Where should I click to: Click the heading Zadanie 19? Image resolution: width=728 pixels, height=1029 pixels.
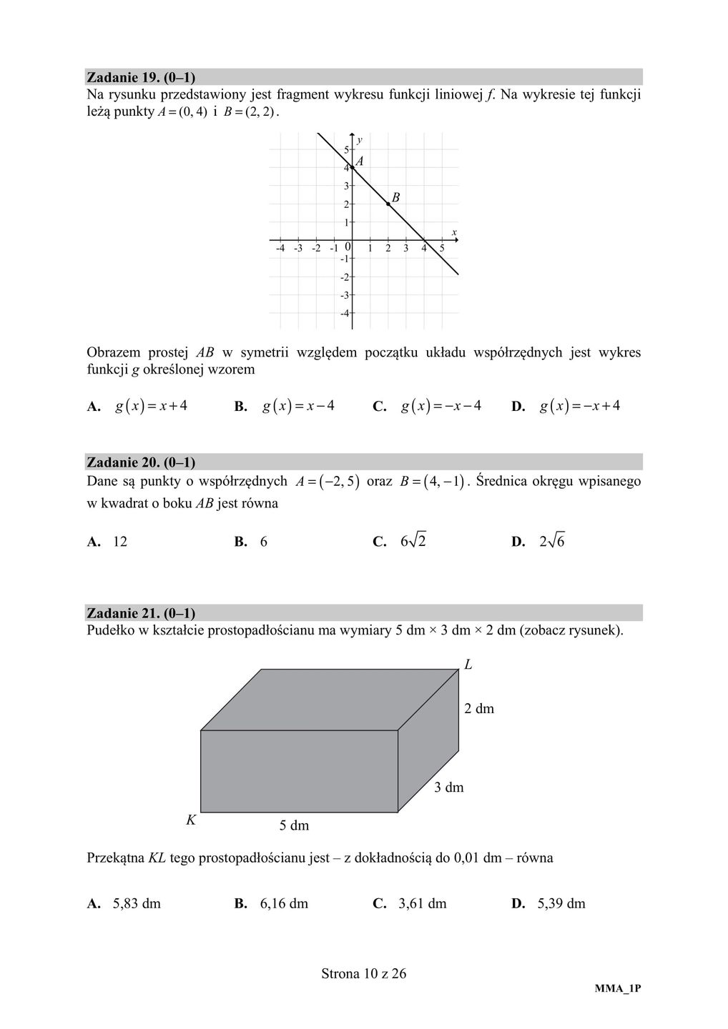pyautogui.click(x=141, y=76)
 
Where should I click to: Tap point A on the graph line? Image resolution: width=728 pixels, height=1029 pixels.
pyautogui.click(x=353, y=168)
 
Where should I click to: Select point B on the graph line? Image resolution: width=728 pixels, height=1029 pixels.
pyautogui.click(x=388, y=204)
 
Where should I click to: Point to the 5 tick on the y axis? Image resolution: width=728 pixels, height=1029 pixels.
pyautogui.click(x=346, y=150)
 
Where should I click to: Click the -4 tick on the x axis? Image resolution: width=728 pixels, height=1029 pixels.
pyautogui.click(x=280, y=249)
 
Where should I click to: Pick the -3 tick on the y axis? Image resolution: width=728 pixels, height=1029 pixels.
pyautogui.click(x=345, y=295)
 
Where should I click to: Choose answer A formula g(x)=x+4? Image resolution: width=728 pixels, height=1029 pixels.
pyautogui.click(x=152, y=406)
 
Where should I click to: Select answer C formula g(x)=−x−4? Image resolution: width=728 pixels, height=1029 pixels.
pyautogui.click(x=441, y=406)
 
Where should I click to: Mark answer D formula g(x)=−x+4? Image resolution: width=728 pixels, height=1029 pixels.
pyautogui.click(x=580, y=406)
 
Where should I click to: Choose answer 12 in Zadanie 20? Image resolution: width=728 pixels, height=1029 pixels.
pyautogui.click(x=120, y=542)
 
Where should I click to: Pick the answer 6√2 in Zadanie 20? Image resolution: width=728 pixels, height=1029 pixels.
pyautogui.click(x=413, y=541)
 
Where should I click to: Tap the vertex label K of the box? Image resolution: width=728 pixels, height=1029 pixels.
pyautogui.click(x=191, y=820)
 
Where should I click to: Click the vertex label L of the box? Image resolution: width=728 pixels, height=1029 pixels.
pyautogui.click(x=468, y=665)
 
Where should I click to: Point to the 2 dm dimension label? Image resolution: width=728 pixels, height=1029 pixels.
pyautogui.click(x=479, y=709)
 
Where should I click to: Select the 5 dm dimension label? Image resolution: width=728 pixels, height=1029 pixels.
pyautogui.click(x=294, y=826)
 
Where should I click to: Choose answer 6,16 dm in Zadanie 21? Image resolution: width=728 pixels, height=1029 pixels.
pyautogui.click(x=284, y=903)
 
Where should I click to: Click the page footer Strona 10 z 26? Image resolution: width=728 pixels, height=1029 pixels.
pyautogui.click(x=364, y=973)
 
